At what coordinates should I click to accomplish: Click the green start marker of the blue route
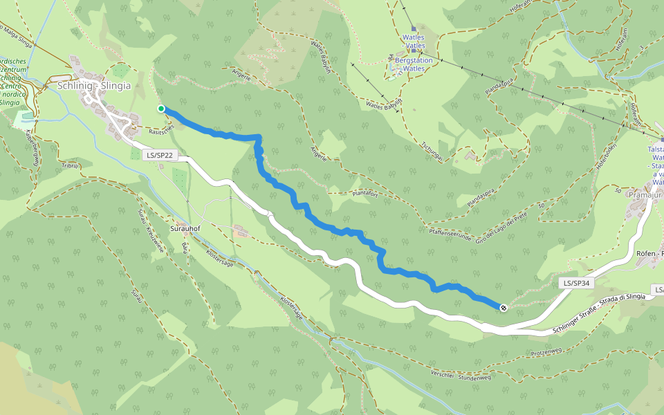pyautogui.click(x=161, y=109)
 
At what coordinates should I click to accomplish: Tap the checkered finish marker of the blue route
pyautogui.click(x=504, y=308)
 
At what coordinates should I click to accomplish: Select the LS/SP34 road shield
pyautogui.click(x=576, y=283)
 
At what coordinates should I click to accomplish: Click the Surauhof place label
pyautogui.click(x=185, y=228)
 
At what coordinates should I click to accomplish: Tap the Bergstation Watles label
pyautogui.click(x=414, y=60)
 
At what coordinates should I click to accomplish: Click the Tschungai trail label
pyautogui.click(x=432, y=150)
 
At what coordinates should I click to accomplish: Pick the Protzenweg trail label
pyautogui.click(x=546, y=352)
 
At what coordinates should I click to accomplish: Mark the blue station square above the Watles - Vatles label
pyautogui.click(x=414, y=30)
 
